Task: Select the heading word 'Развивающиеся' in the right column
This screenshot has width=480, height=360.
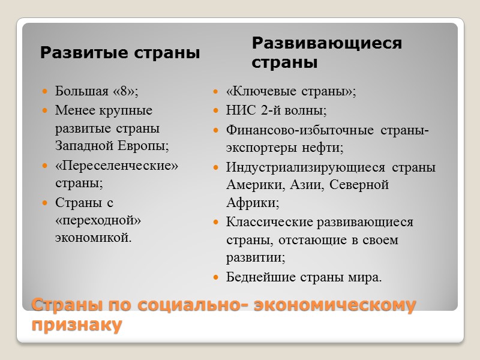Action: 326,43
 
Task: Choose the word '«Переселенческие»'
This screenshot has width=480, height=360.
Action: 117,165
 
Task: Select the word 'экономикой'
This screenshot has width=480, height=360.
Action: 91,238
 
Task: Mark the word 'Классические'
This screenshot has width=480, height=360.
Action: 269,222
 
